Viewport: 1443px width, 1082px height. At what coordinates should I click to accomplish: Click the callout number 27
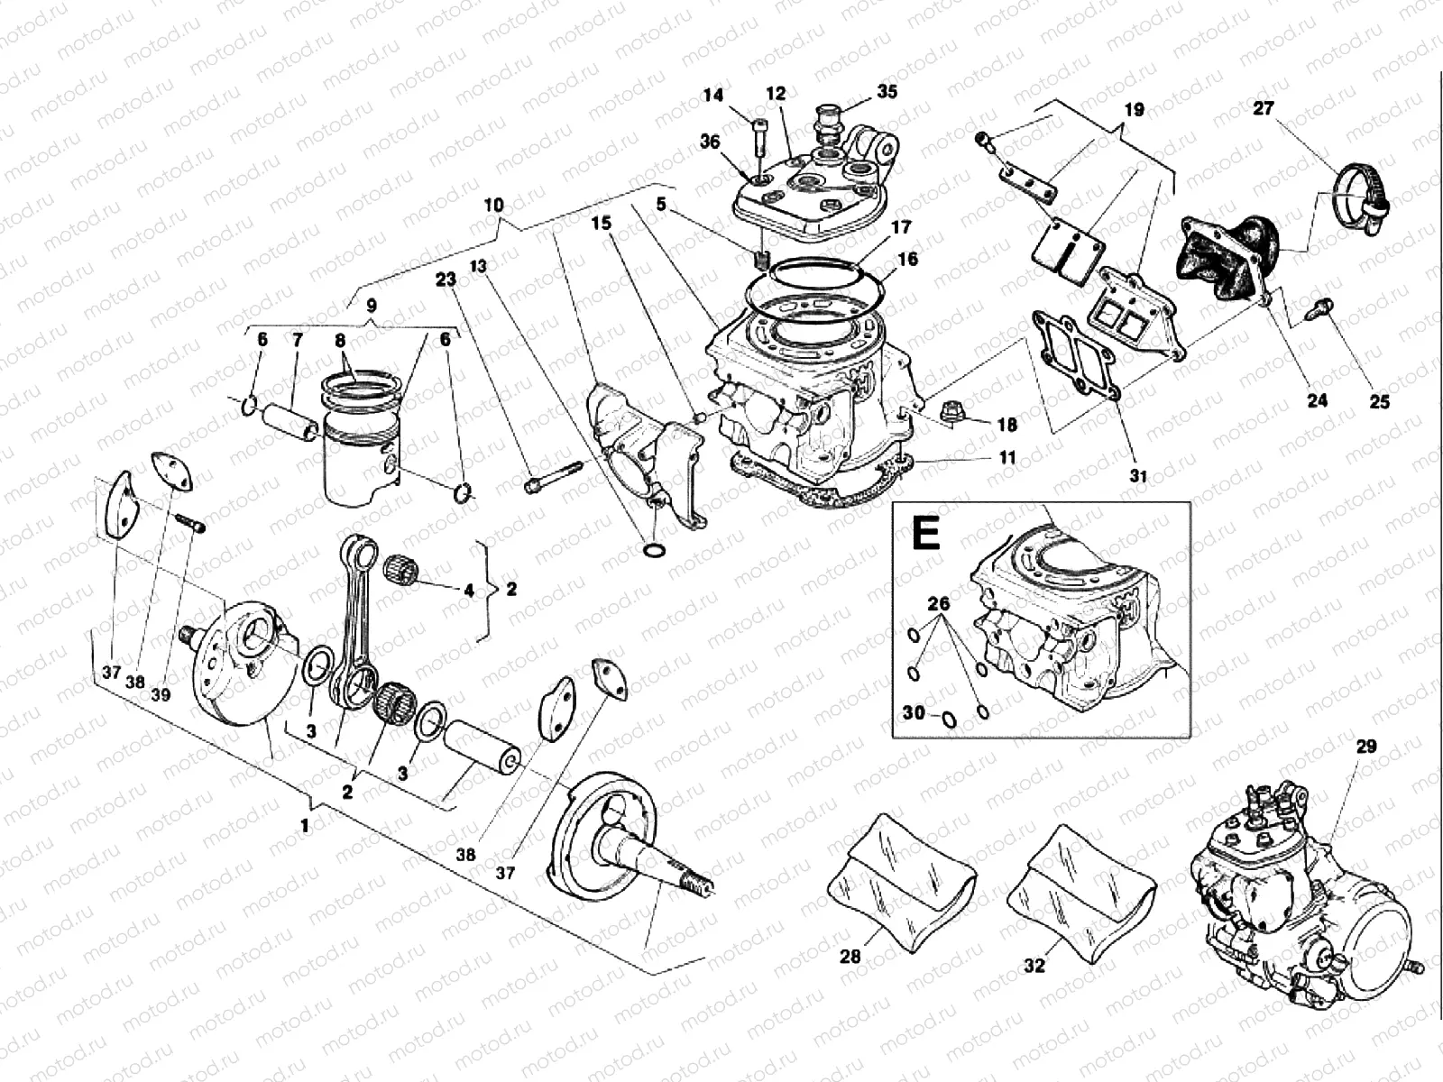tap(1264, 108)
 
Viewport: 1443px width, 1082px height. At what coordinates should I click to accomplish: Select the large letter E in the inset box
tap(926, 534)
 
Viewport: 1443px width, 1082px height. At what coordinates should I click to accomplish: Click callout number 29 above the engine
tap(1365, 747)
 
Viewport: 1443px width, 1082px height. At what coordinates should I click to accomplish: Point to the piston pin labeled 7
tap(289, 421)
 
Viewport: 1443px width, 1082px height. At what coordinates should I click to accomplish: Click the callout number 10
tap(493, 205)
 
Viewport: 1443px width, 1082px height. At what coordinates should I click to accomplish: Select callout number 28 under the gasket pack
tap(850, 957)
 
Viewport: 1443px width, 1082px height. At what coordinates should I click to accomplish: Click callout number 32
tap(1034, 965)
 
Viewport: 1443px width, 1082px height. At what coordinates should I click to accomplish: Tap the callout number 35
tap(887, 92)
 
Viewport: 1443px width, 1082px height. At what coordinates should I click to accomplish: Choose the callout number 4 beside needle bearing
tap(468, 591)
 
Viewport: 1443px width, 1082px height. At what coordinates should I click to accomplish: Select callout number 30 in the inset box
tap(914, 713)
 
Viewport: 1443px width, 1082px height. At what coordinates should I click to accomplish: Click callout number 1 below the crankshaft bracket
tap(304, 825)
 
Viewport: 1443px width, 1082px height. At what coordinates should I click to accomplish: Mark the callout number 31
tap(1138, 476)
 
